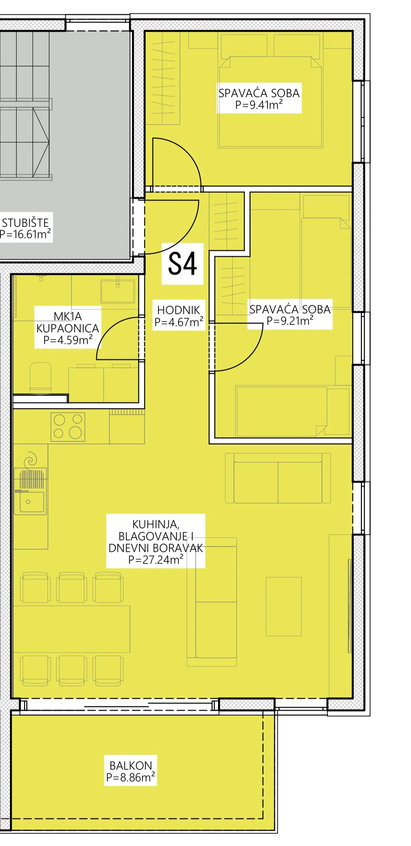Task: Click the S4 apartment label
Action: point(182,263)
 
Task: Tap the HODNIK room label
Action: point(178,310)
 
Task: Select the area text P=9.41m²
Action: point(259,105)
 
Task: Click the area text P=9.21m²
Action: point(290,321)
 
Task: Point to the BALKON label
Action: point(131,766)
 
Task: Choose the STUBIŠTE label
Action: point(26,223)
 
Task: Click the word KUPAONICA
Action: point(68,328)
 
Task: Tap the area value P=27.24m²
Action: point(156,559)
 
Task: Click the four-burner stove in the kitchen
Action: point(68,427)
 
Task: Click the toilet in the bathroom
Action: point(41,378)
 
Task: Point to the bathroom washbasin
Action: point(117,291)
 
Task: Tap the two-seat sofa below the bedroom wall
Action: point(278,478)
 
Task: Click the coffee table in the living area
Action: point(284,607)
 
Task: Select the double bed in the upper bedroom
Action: point(271,102)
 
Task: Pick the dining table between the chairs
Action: point(71,629)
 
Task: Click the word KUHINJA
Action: point(156,525)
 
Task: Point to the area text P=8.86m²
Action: point(131,777)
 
